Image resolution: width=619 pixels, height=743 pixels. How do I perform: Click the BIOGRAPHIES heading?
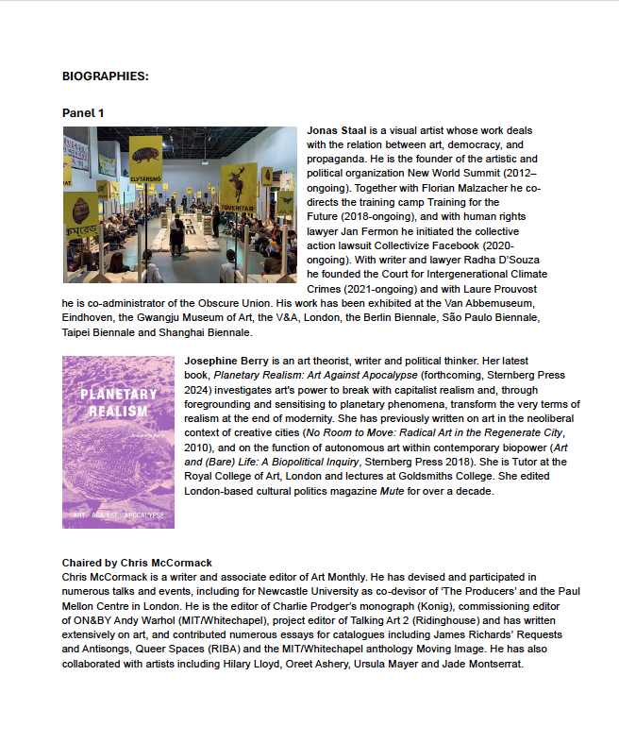(105, 76)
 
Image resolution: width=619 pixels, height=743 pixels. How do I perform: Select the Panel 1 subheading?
(83, 113)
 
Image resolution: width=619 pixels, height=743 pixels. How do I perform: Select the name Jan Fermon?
(373, 231)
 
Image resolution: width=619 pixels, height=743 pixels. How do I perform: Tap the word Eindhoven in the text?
(89, 318)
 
